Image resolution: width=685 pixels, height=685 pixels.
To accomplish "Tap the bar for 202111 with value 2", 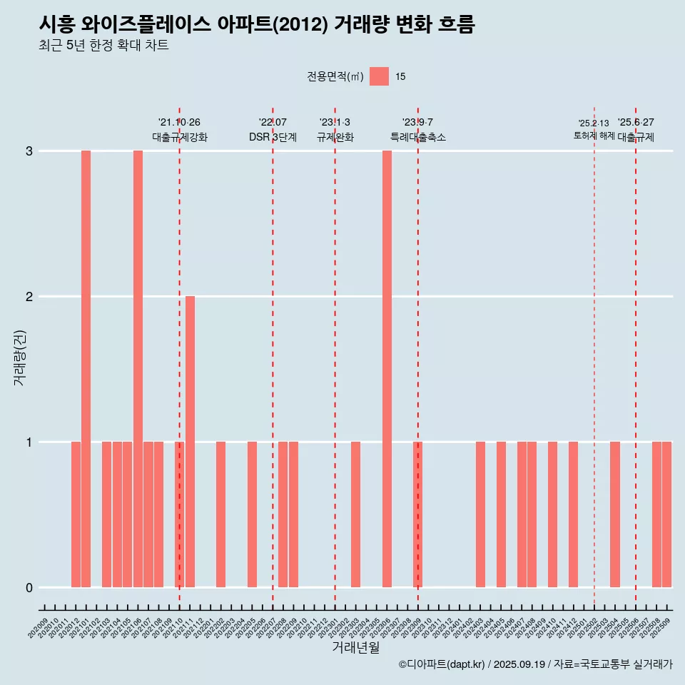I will [x=190, y=442].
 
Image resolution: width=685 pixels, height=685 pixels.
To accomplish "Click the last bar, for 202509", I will [x=666, y=514].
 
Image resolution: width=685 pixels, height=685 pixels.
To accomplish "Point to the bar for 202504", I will [x=615, y=514].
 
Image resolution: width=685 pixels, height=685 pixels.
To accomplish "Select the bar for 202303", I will [x=355, y=514].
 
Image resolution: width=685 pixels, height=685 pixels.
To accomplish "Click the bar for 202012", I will [x=76, y=514].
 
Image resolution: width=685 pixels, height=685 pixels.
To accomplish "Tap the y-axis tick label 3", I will [x=29, y=151].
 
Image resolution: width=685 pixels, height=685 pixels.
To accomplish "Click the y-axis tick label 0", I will [x=29, y=588].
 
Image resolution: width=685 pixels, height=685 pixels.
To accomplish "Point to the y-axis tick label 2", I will [x=29, y=297].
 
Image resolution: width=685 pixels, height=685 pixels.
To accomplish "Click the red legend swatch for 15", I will [x=379, y=76].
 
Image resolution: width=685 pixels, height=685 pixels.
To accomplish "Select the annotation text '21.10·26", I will [x=179, y=122].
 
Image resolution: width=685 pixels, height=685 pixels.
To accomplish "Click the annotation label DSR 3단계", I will [x=273, y=137].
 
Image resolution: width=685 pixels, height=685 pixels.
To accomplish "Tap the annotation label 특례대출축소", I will [x=418, y=137].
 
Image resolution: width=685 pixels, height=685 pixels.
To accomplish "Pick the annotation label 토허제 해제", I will [x=594, y=136].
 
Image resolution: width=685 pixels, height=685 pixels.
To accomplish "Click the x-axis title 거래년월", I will [x=355, y=647].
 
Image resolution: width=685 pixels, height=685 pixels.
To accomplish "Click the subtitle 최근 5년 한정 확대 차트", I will [x=104, y=46].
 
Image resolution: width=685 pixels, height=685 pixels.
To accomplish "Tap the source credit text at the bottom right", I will [x=535, y=664].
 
